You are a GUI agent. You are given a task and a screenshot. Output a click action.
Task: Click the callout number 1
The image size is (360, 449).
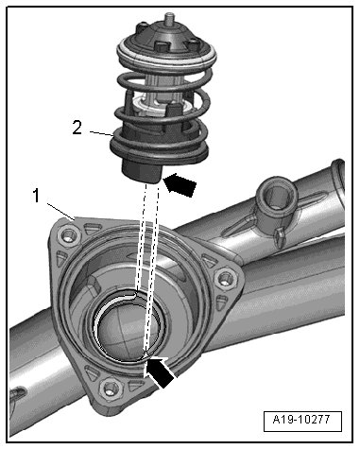coord(37,196)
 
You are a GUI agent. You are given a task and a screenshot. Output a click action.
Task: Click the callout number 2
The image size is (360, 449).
coord(77,128)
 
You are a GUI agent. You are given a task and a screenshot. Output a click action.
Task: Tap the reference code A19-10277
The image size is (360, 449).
coord(301,420)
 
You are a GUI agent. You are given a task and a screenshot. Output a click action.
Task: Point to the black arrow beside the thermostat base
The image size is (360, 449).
coord(180,184)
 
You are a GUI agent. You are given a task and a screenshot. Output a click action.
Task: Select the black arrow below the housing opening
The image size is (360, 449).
coord(161,372)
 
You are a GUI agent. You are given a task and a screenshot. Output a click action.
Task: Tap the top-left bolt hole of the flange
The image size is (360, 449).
coord(69,235)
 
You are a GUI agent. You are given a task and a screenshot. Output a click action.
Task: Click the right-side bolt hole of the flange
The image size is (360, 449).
coord(226,279)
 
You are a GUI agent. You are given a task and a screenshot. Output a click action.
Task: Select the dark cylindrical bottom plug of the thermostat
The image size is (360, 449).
coord(142,171)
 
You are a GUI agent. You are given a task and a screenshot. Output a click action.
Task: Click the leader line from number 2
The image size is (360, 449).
coord(102,133)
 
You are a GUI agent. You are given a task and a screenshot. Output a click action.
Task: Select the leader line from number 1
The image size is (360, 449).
coord(60,211)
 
